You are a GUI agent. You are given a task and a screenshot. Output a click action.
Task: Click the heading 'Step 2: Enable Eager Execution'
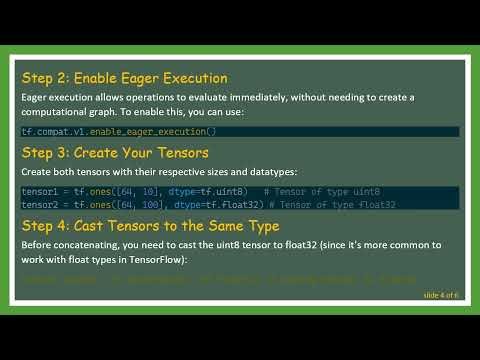click(125, 78)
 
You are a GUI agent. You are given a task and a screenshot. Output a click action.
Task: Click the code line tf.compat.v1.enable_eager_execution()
click(118, 132)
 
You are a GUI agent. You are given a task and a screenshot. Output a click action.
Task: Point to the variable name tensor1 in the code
click(40, 191)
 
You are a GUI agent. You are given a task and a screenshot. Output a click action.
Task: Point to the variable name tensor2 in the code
click(40, 204)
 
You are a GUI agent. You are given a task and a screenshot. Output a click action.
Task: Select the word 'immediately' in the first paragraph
click(262, 97)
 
